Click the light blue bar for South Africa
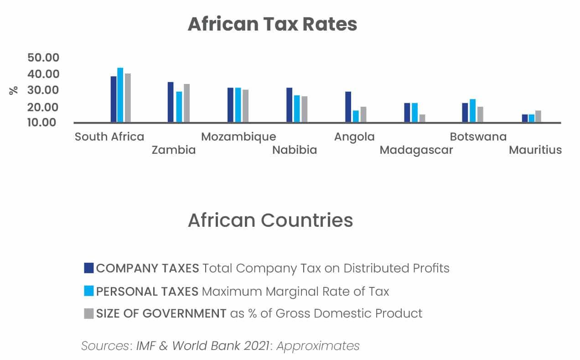120,95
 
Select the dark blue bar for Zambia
171,102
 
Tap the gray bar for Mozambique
246,106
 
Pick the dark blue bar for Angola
348,107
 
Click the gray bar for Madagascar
422,118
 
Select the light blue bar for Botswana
473,110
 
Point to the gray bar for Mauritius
538,116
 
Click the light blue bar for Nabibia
297,109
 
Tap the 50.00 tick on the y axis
43,57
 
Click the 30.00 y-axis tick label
43,90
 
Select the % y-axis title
14,90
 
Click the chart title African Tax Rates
272,24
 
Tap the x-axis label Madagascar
416,150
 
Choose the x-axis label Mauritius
535,150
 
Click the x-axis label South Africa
109,136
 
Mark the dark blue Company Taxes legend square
89,268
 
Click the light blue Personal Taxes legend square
89,291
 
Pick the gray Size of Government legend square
89,313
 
